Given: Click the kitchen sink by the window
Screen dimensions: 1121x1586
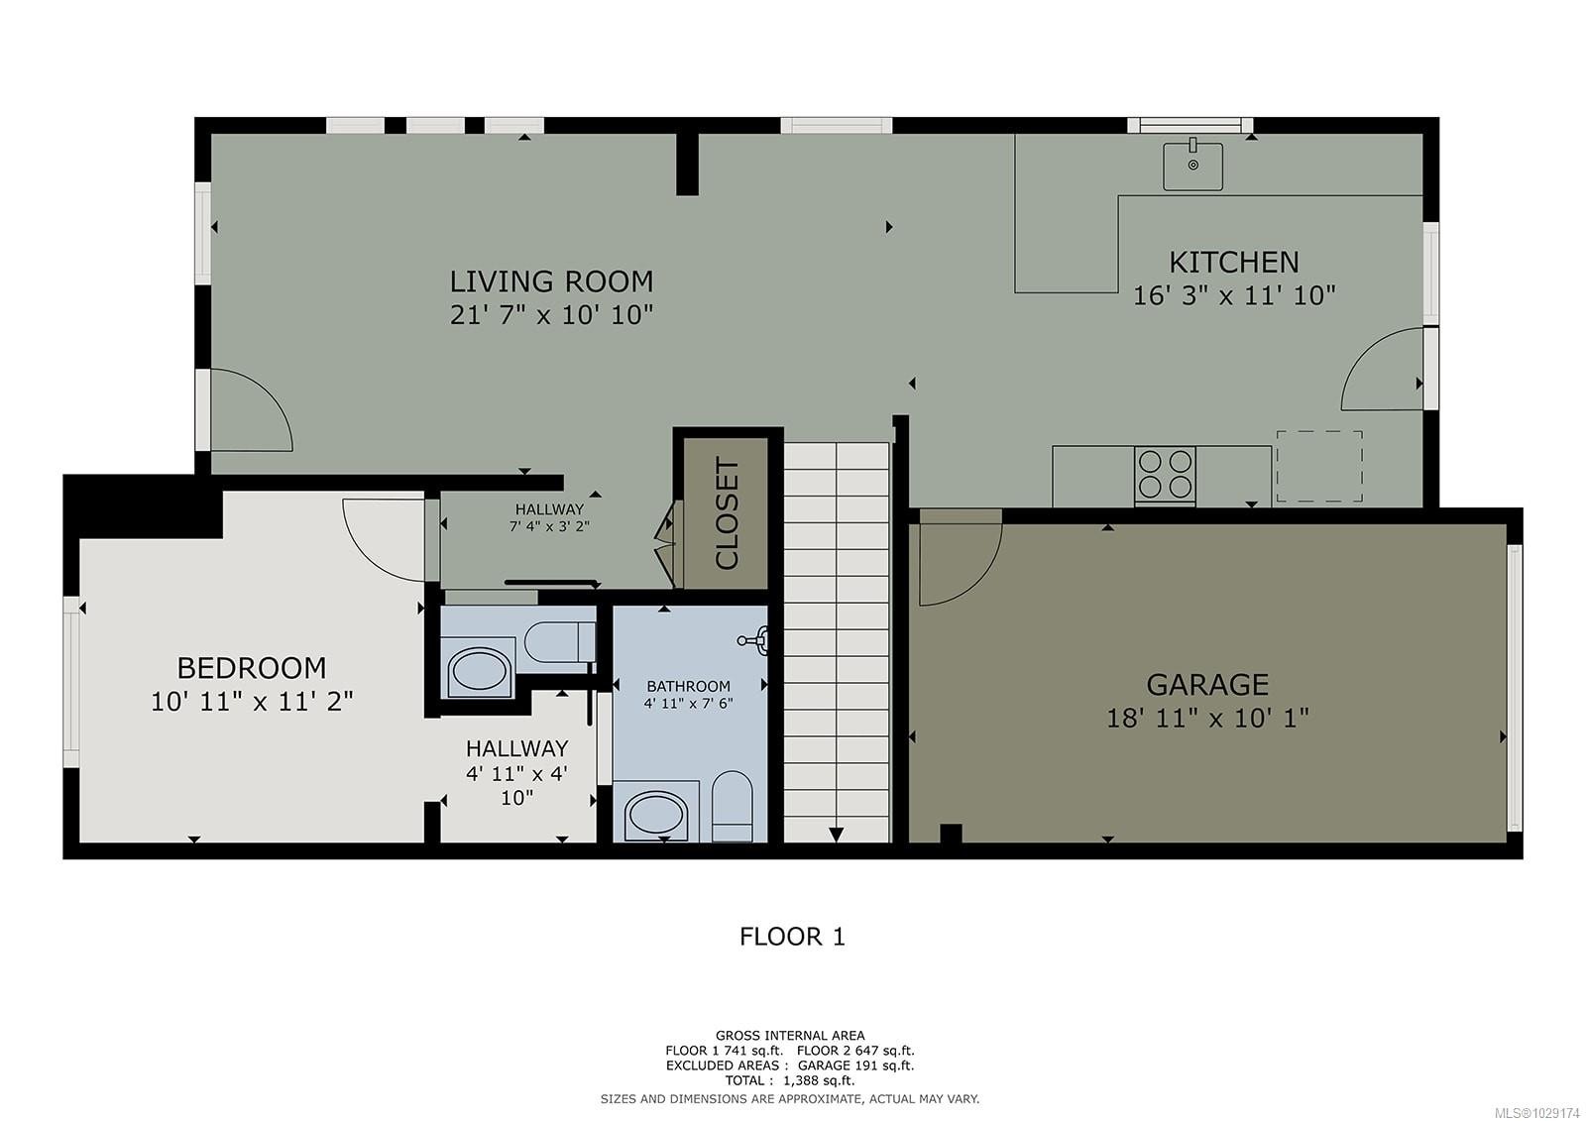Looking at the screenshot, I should [x=1192, y=166].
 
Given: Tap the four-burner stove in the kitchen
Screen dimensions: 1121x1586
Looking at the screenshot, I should [x=1165, y=475].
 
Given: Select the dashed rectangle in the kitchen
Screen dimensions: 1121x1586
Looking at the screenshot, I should [x=1318, y=466].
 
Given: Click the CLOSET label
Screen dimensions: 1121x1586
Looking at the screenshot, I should [x=727, y=513].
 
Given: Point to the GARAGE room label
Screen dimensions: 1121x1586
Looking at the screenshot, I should [x=1206, y=685].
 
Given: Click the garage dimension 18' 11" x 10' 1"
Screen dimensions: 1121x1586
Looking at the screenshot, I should [x=1206, y=718].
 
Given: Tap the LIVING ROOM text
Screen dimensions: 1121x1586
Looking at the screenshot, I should [x=551, y=281].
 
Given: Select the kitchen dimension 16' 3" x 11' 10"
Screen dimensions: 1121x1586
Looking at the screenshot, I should [x=1233, y=295].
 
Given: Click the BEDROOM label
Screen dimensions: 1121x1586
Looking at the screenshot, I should [x=251, y=667].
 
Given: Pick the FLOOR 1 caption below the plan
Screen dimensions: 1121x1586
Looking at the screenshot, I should [x=792, y=937].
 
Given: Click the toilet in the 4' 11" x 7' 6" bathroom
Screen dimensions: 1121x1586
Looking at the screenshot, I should [x=733, y=806].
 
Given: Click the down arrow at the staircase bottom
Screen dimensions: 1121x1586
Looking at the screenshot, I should [x=836, y=835].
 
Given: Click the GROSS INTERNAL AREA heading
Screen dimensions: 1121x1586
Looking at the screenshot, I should [x=790, y=1036].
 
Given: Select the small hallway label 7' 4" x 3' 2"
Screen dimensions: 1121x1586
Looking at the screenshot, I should [x=549, y=526].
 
